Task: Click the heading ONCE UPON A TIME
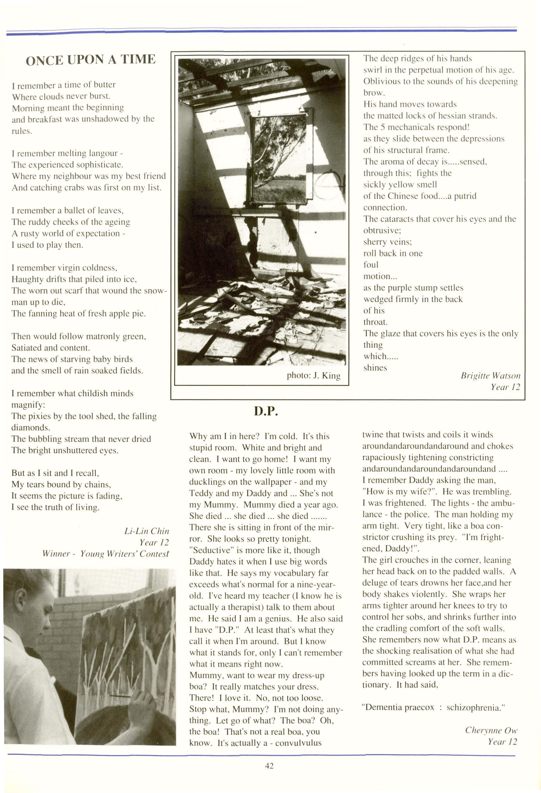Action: tap(90, 60)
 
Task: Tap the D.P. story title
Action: tap(266, 412)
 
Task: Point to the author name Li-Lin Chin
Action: tap(147, 531)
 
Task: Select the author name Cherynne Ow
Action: tap(491, 730)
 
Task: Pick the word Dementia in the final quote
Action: tap(382, 707)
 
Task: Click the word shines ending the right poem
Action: tap(375, 368)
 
